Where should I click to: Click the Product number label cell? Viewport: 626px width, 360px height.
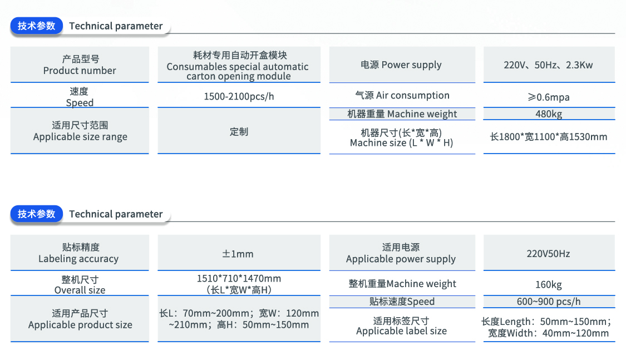(80, 65)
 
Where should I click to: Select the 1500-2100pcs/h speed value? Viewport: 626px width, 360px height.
(239, 97)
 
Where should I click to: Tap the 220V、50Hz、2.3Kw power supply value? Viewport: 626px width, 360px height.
(548, 65)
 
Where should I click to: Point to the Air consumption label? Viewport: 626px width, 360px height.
(402, 95)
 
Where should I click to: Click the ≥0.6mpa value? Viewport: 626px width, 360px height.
(549, 97)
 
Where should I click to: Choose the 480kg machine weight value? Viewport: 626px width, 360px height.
(549, 114)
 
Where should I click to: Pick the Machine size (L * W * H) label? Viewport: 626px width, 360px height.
(402, 137)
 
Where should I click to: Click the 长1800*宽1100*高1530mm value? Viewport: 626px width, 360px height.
(549, 137)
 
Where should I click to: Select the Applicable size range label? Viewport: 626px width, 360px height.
(80, 131)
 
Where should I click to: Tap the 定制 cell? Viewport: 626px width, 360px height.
(239, 132)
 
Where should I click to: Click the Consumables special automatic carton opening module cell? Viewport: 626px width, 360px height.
(239, 65)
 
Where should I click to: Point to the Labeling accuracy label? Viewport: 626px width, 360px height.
(78, 253)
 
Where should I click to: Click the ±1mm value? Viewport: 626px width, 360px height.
(238, 254)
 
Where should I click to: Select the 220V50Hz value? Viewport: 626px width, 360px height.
(548, 254)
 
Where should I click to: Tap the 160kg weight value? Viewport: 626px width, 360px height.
(549, 284)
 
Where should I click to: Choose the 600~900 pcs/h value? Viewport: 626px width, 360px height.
(549, 302)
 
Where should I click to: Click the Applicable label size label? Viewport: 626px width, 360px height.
(402, 326)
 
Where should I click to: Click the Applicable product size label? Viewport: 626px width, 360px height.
(80, 319)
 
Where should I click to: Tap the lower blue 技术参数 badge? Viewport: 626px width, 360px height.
(36, 214)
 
